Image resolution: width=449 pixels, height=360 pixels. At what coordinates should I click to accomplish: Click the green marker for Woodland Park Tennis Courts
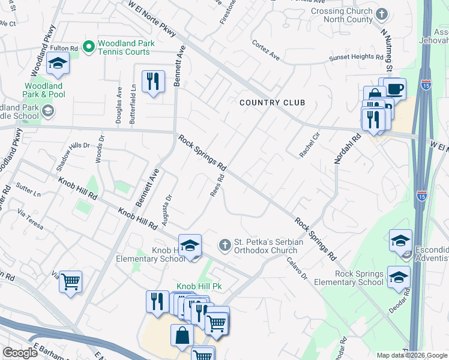(89, 46)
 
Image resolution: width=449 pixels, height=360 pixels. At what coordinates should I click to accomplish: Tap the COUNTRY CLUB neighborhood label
(272, 103)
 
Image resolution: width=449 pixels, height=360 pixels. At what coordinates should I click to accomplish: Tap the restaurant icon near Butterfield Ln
(152, 81)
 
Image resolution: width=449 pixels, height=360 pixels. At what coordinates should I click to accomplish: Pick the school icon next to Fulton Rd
(58, 63)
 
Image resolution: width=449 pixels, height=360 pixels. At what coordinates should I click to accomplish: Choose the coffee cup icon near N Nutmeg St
(394, 89)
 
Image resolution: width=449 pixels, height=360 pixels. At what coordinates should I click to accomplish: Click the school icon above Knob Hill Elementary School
(190, 246)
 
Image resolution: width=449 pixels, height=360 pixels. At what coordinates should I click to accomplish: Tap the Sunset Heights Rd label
(356, 58)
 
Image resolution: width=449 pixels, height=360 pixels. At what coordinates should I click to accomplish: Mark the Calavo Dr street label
(297, 269)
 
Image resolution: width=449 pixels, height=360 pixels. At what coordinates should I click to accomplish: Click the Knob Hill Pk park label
(199, 286)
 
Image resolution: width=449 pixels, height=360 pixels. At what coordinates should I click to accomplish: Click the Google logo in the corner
(20, 353)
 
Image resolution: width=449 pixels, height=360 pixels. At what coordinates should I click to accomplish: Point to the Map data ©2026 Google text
(412, 355)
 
